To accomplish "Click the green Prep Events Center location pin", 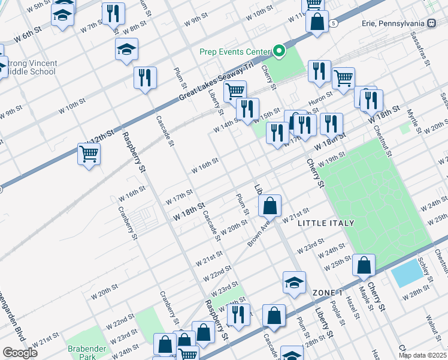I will (279, 52).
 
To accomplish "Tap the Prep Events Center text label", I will (236, 52).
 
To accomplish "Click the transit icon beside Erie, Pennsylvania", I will (431, 23).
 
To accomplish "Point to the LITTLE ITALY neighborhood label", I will (326, 223).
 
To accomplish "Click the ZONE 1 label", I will (327, 292).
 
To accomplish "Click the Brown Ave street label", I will (259, 235).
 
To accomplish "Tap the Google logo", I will (20, 353).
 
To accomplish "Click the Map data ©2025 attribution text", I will (422, 355).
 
